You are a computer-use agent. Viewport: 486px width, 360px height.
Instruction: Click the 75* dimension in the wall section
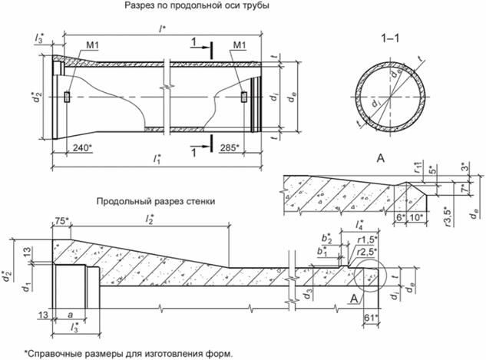[62, 222]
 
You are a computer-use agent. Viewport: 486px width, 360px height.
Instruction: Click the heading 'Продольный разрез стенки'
[155, 201]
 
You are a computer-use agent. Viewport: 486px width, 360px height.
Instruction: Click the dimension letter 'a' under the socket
[72, 315]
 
